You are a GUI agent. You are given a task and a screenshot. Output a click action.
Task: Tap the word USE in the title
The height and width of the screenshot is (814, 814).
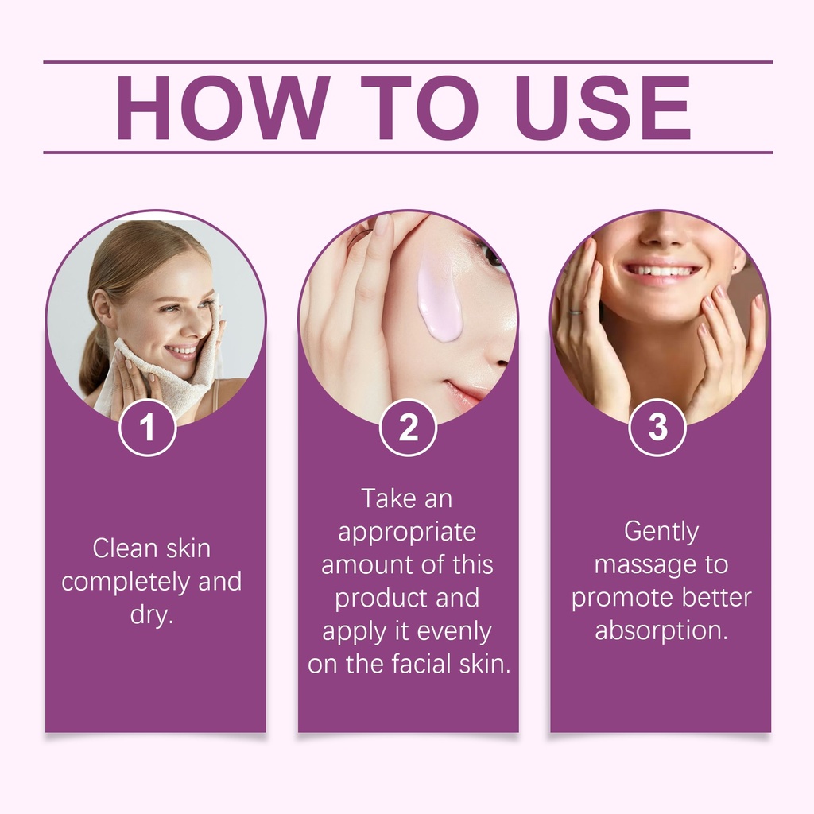[x=604, y=108]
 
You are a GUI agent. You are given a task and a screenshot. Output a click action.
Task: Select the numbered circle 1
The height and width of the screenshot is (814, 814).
[x=148, y=428]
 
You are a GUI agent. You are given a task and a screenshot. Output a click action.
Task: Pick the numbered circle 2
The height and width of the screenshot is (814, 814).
[x=408, y=428]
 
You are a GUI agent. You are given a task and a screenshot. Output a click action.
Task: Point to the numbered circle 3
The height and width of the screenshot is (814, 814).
[x=657, y=428]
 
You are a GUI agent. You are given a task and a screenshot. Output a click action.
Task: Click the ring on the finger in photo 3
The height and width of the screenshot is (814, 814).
[x=576, y=312]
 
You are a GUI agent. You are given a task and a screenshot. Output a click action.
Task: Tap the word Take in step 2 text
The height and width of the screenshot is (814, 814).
[x=388, y=499]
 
